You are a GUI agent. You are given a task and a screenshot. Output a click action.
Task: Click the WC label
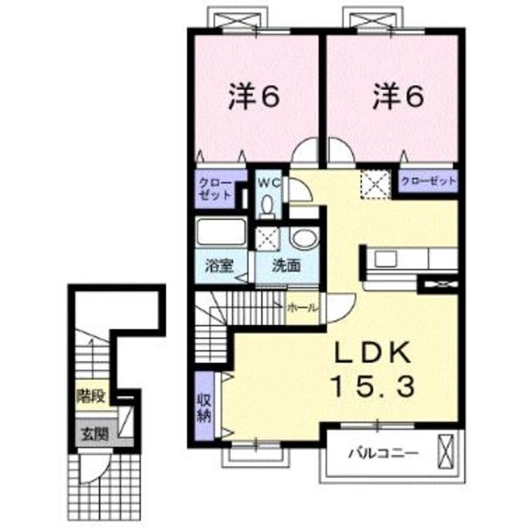[x=269, y=182]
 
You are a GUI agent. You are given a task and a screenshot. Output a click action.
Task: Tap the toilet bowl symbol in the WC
[x=267, y=206]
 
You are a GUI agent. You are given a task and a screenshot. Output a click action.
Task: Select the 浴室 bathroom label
[x=219, y=266]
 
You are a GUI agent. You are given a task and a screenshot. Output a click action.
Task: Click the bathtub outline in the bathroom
[x=221, y=231]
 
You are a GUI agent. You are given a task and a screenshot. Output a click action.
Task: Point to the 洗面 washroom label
[x=286, y=266]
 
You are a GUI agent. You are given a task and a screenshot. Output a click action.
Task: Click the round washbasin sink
[x=304, y=238]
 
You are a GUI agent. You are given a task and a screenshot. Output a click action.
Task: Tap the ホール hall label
[x=302, y=308]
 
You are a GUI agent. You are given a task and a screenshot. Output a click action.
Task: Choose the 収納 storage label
[x=204, y=408]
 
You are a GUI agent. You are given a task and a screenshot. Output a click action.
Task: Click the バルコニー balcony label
[x=383, y=453]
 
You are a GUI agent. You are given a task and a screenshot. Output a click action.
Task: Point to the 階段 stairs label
[x=92, y=396]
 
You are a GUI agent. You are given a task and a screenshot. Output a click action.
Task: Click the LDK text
[x=373, y=352]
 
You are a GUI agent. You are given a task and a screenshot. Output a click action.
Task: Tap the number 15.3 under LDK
[x=373, y=387]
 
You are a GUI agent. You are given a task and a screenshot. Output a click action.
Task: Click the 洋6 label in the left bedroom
[x=254, y=97]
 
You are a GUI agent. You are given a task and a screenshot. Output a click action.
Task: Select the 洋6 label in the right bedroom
[x=398, y=97]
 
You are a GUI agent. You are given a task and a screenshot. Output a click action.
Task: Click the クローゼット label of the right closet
[x=429, y=181]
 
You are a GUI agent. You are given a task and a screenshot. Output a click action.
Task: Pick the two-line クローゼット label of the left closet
[x=215, y=189]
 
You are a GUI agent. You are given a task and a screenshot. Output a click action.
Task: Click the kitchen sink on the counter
[x=386, y=258]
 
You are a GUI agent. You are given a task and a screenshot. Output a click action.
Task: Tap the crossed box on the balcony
[x=445, y=451]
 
